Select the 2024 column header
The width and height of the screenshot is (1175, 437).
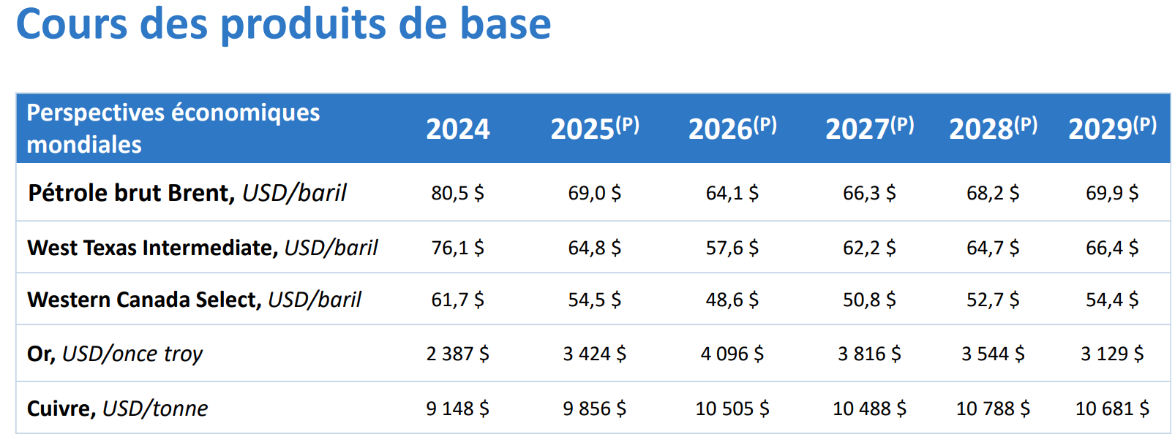[x=458, y=129]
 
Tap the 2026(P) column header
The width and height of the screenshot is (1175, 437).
[x=732, y=129]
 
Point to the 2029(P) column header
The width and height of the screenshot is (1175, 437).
[x=1112, y=129]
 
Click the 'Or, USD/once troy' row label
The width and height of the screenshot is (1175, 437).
[x=114, y=354]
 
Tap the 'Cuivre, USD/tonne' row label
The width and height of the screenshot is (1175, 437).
[x=117, y=408]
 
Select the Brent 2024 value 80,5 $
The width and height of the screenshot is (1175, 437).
[x=457, y=193]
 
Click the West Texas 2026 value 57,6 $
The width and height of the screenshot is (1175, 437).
[x=732, y=248]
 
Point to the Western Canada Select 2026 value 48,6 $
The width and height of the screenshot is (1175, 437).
[x=732, y=300]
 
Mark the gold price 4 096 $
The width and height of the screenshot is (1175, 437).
[x=732, y=354]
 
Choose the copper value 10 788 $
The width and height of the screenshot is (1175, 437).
[x=992, y=408]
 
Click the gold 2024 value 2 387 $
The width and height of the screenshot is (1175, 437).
[x=457, y=354]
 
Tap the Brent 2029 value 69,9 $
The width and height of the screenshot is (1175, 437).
[x=1112, y=193]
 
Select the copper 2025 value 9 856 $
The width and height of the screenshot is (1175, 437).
[x=594, y=408]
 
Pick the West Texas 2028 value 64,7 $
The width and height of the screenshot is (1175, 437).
[x=992, y=248]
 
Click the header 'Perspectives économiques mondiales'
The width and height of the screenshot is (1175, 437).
[x=173, y=129]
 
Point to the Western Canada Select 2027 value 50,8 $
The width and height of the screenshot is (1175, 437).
[x=869, y=300]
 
